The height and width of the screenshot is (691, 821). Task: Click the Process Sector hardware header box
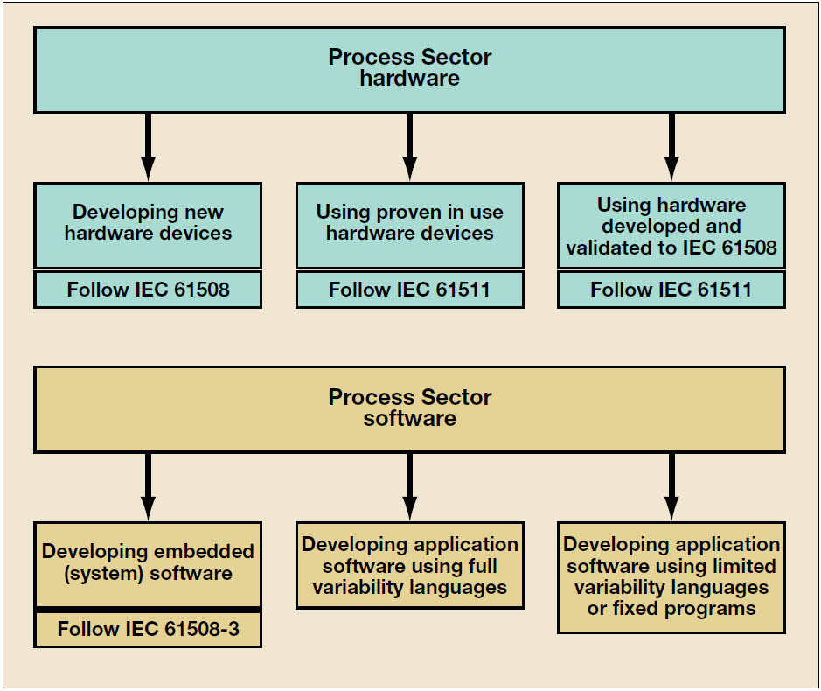coord(409,70)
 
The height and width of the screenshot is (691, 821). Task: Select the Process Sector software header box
coord(409,409)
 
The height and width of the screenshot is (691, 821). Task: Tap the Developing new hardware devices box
coord(148,226)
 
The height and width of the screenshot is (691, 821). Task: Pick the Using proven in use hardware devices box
coord(409,226)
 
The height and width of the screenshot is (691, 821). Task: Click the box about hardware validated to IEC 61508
coord(671,226)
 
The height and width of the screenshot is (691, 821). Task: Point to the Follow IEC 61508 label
coord(148,290)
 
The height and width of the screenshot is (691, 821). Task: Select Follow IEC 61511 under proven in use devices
coord(409,290)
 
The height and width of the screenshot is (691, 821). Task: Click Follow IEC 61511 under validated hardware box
coord(671,290)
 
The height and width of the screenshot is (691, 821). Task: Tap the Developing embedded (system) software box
coord(148,565)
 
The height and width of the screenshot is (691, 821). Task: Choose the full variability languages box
coord(409,565)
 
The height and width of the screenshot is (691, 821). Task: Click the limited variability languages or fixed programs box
coord(671,577)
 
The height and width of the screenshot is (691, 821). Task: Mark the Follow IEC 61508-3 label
coord(148,629)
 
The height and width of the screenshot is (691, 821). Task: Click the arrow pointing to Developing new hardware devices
coord(148,147)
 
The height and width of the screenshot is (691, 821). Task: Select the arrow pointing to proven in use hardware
coord(410,147)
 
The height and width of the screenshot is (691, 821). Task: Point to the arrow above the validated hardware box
coord(671,147)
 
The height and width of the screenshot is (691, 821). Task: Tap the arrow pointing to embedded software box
coord(148,486)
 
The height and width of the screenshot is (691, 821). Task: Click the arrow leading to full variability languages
coord(410,486)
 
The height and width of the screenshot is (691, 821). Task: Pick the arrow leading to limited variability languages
coord(671,486)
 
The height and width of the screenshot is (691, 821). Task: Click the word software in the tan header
coord(409,419)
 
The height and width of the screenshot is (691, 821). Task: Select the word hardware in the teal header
coord(409,79)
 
